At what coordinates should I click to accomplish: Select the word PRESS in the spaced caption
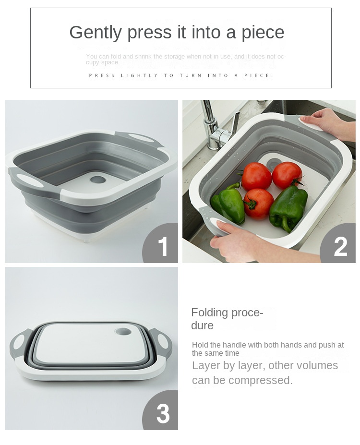tap(102, 75)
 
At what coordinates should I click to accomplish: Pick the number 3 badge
tap(163, 413)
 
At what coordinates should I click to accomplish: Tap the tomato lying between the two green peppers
tap(258, 203)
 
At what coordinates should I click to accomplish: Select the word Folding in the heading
tap(209, 313)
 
